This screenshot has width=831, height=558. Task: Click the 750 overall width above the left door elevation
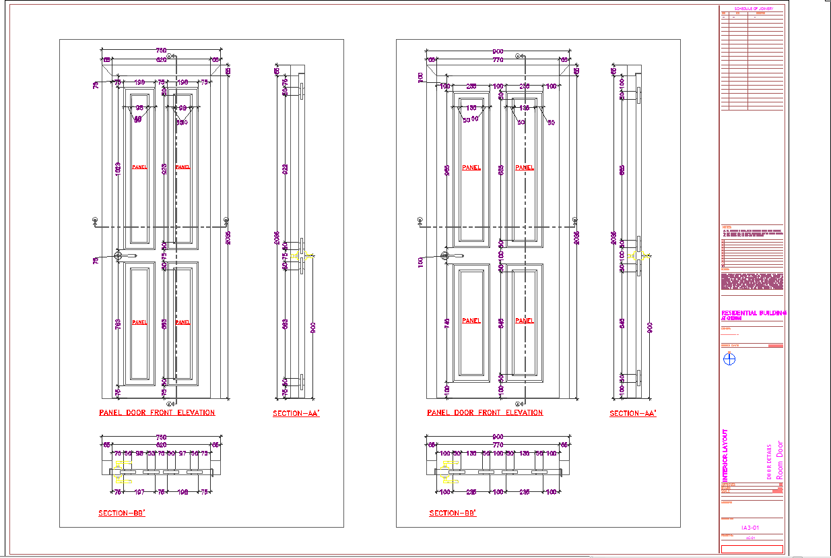pos(162,51)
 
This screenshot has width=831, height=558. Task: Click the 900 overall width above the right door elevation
pos(498,51)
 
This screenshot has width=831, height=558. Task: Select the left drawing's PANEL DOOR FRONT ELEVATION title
pos(157,412)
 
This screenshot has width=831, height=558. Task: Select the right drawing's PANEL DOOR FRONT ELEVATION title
pos(485,412)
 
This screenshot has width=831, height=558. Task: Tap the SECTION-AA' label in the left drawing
pos(296,414)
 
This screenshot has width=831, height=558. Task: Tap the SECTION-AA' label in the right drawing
pos(633,414)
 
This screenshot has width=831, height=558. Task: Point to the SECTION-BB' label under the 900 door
pos(453,514)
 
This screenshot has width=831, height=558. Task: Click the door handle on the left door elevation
pos(125,256)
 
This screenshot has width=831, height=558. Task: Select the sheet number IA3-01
pos(751,528)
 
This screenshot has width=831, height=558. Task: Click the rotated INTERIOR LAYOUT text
pos(725,456)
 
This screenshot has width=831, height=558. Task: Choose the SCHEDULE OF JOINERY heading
pos(754,9)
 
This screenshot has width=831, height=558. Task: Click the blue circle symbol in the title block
pos(729,359)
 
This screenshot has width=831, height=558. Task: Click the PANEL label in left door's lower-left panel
pos(139,322)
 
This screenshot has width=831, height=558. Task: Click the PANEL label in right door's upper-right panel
pos(525,168)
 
